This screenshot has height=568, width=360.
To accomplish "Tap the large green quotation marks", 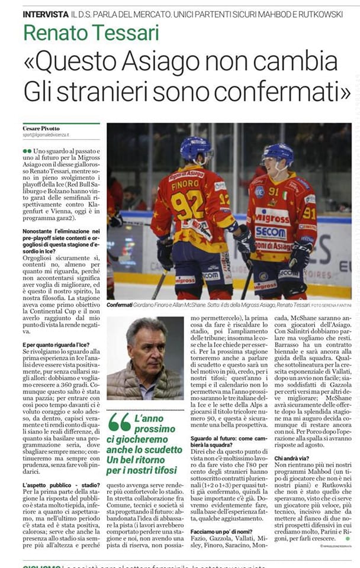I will [119, 422].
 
